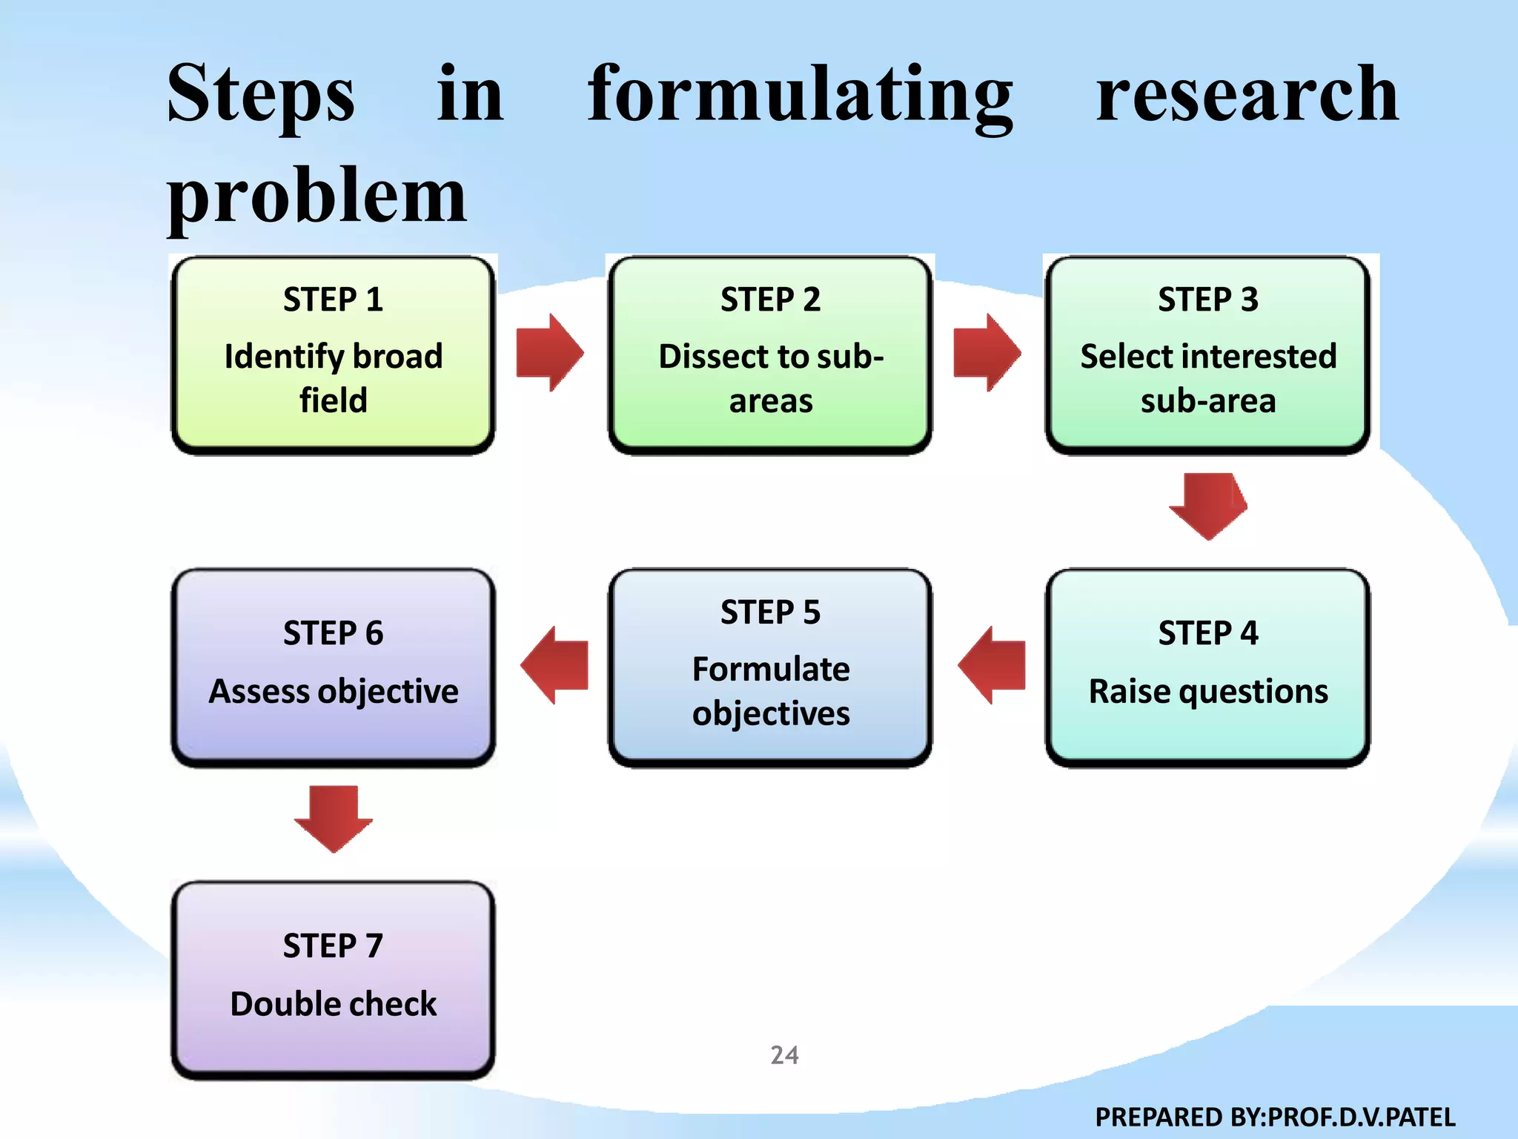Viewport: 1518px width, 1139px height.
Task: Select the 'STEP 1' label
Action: [x=333, y=300]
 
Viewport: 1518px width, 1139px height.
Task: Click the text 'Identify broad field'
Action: [x=333, y=378]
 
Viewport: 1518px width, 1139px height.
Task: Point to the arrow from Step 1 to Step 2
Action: [x=549, y=353]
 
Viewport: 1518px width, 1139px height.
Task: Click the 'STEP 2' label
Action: [x=770, y=300]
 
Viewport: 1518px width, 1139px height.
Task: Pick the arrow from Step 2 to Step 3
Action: [x=987, y=353]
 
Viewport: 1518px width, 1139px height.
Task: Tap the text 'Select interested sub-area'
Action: [x=1207, y=378]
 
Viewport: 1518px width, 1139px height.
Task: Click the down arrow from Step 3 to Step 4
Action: [x=1208, y=506]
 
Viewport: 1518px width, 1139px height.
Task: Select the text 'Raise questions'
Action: [x=1207, y=691]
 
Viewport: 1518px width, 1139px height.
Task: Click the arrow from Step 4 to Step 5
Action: [x=992, y=665]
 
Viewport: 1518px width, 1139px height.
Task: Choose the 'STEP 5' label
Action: [x=770, y=613]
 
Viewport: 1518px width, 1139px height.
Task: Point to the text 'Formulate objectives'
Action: [x=770, y=691]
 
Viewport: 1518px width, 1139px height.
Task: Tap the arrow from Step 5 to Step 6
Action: [x=554, y=665]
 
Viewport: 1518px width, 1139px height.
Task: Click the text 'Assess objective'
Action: [x=333, y=691]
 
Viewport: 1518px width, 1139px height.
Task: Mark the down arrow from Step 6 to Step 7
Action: [x=333, y=819]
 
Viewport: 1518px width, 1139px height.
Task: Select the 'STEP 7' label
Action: [x=333, y=945]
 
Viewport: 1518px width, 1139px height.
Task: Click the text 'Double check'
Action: [x=333, y=1004]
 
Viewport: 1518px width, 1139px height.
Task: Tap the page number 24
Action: [x=784, y=1054]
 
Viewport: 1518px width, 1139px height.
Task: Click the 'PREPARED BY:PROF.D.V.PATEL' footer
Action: [x=1275, y=1117]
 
